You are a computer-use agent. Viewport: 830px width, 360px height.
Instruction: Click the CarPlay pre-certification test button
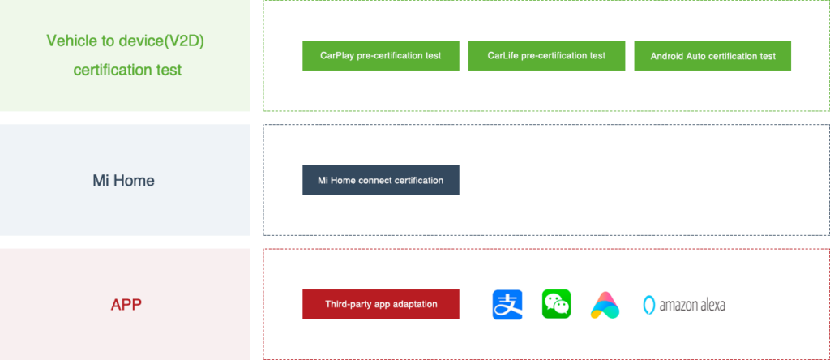(x=380, y=56)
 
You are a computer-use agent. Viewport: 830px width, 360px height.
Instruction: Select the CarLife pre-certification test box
(x=546, y=56)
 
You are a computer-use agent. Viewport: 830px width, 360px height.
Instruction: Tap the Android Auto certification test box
(x=712, y=56)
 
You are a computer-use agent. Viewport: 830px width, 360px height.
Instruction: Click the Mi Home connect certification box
(x=380, y=180)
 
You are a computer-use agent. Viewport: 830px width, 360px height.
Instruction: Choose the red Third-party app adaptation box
(x=380, y=304)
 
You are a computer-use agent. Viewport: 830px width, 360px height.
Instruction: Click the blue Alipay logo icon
(x=509, y=302)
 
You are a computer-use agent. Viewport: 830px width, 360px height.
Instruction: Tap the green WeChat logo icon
(x=558, y=302)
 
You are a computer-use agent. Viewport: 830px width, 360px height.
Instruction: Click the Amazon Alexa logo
(x=688, y=304)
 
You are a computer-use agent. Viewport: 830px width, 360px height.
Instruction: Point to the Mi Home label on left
(x=123, y=181)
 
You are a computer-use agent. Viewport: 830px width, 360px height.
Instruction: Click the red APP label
(x=126, y=305)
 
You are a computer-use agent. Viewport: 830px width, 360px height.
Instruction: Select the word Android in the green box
(x=667, y=57)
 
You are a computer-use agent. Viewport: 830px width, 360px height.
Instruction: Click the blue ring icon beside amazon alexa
(x=648, y=305)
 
